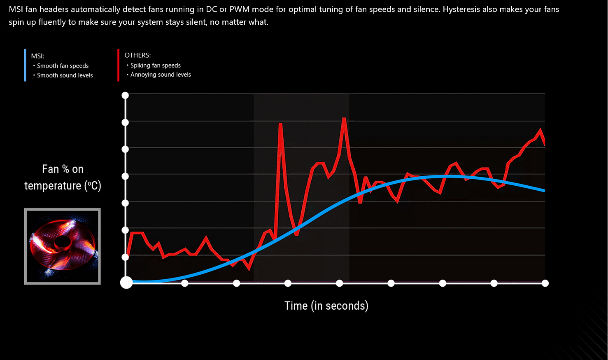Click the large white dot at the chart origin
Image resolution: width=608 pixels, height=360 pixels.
point(126,283)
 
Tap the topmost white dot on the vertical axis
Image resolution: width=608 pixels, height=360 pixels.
point(125,96)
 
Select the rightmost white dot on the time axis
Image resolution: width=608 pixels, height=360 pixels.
point(545,283)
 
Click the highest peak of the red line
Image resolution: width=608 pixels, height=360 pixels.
point(344,119)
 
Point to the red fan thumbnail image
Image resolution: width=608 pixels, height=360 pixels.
point(63,246)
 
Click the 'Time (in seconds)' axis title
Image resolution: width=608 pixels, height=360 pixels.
point(326,306)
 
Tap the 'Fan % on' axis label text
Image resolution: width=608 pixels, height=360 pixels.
point(63,169)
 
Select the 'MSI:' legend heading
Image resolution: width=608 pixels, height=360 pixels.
point(37,56)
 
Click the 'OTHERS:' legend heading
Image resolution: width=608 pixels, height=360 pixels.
point(137,55)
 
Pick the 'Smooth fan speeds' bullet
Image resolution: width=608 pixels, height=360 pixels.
point(63,66)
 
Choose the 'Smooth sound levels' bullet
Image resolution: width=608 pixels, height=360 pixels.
point(65,75)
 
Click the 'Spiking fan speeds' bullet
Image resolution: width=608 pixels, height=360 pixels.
point(155,65)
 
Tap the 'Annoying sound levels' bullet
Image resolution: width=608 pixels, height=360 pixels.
point(161,75)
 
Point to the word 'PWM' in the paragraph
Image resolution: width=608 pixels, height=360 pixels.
point(240,9)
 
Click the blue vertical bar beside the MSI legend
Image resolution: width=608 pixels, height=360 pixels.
point(25,65)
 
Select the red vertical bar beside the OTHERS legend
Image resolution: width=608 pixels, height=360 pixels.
point(118,65)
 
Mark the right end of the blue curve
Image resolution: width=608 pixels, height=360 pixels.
point(544,190)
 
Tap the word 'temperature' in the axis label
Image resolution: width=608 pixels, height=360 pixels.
point(53,186)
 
